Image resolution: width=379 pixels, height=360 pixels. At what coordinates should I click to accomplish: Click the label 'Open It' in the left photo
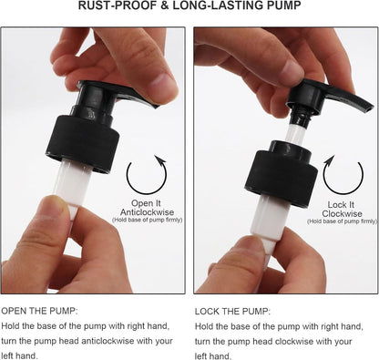(146, 203)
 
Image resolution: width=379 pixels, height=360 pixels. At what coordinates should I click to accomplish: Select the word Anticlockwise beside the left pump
(147, 211)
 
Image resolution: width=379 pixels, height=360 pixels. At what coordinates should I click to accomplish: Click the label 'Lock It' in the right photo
(341, 205)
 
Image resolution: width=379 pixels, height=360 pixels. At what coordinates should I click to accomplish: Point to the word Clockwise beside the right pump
(342, 213)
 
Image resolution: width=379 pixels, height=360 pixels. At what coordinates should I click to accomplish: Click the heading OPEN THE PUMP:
(40, 311)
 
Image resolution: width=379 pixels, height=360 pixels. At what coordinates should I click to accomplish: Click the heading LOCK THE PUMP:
(232, 312)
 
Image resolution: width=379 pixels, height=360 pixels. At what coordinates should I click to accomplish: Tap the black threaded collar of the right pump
(281, 175)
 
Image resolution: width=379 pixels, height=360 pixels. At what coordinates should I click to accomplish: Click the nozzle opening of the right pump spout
(370, 108)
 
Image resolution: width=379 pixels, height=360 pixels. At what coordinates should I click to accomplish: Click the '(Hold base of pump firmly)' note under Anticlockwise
(148, 220)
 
